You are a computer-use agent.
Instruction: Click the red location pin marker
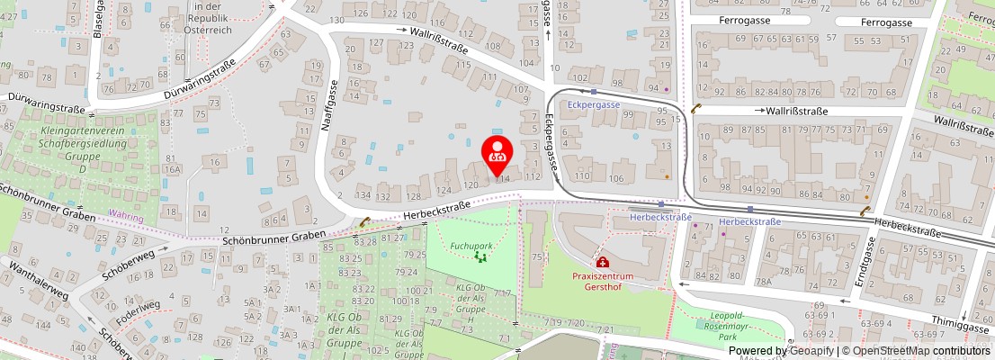pos(497,155)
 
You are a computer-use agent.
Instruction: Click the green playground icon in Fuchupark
pos(480,257)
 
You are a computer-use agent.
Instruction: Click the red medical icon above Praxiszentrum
pos(601,262)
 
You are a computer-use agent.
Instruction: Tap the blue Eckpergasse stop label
pos(595,104)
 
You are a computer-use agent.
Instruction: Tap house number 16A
pos(173,168)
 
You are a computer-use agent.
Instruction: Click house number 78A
pos(764,283)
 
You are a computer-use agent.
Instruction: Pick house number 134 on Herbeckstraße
pos(363,195)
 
